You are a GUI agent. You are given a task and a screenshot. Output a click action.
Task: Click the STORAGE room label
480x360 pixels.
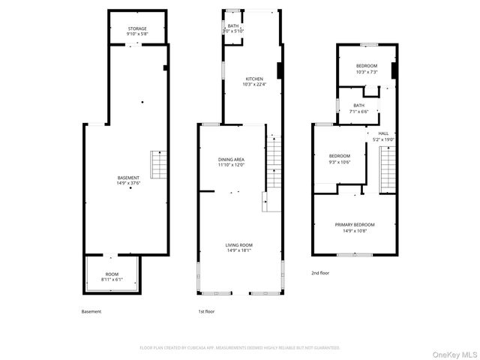(x=136, y=29)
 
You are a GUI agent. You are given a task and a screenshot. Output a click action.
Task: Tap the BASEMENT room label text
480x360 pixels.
(x=128, y=178)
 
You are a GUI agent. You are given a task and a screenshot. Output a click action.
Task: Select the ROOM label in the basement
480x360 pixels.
(x=112, y=274)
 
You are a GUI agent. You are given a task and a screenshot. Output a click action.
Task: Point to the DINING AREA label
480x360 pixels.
(x=231, y=160)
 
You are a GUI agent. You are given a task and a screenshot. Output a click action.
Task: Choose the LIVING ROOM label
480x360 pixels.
(x=239, y=245)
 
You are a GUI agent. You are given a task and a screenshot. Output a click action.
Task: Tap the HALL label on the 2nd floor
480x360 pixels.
(x=383, y=133)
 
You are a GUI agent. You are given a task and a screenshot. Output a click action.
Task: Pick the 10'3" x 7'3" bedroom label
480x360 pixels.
(x=367, y=66)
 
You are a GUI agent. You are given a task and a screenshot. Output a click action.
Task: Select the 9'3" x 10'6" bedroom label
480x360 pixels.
(x=340, y=156)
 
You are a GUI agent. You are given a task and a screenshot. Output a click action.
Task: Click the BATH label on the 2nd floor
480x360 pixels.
(x=359, y=106)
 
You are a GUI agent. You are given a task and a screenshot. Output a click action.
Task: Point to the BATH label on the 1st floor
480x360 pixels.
(x=233, y=26)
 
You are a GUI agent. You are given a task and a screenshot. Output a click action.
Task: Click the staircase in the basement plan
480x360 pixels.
(x=159, y=162)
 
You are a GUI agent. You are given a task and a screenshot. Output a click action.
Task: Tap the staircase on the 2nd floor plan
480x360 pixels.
(x=387, y=169)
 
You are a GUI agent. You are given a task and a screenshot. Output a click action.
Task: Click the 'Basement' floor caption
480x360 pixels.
(x=91, y=311)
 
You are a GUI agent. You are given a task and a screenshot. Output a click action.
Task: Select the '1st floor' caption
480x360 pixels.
(x=206, y=311)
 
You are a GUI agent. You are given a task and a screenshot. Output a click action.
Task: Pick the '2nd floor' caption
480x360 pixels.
(x=320, y=273)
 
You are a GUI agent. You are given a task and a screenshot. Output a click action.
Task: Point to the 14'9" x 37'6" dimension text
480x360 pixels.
(x=128, y=183)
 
